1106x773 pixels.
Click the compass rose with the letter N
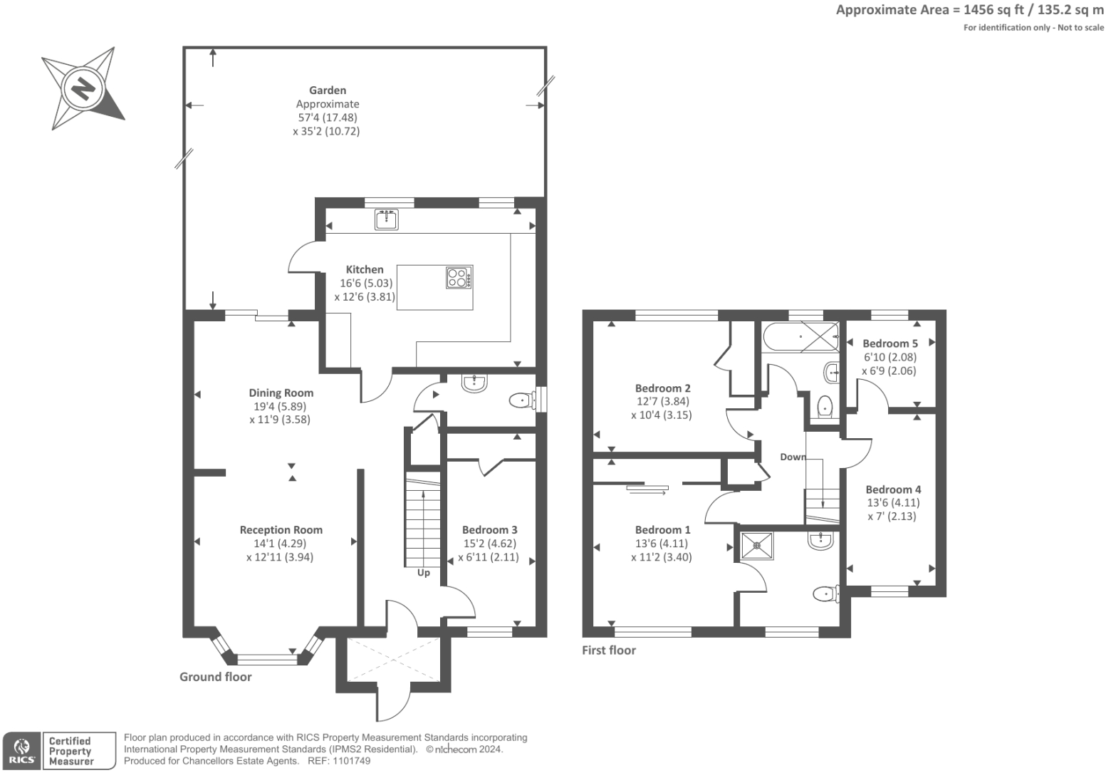[x=83, y=89]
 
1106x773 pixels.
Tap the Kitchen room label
[x=365, y=270]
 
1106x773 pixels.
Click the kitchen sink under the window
[x=387, y=219]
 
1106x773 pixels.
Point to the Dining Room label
[x=281, y=393]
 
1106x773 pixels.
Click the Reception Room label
[x=281, y=530]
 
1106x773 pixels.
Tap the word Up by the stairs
[x=424, y=573]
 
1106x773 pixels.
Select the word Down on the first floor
[x=793, y=457]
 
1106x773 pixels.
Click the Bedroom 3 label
[x=489, y=530]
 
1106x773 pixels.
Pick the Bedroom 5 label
[x=890, y=344]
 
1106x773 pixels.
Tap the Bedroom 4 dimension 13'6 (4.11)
[x=893, y=503]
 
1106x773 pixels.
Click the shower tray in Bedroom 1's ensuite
[x=757, y=546]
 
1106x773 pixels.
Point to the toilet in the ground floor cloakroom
[x=523, y=400]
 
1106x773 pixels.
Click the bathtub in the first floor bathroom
[x=801, y=337]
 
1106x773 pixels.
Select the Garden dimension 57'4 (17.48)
[x=328, y=118]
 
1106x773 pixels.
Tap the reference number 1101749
[x=352, y=761]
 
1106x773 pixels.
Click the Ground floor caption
[x=215, y=677]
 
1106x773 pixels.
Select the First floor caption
[x=609, y=650]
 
